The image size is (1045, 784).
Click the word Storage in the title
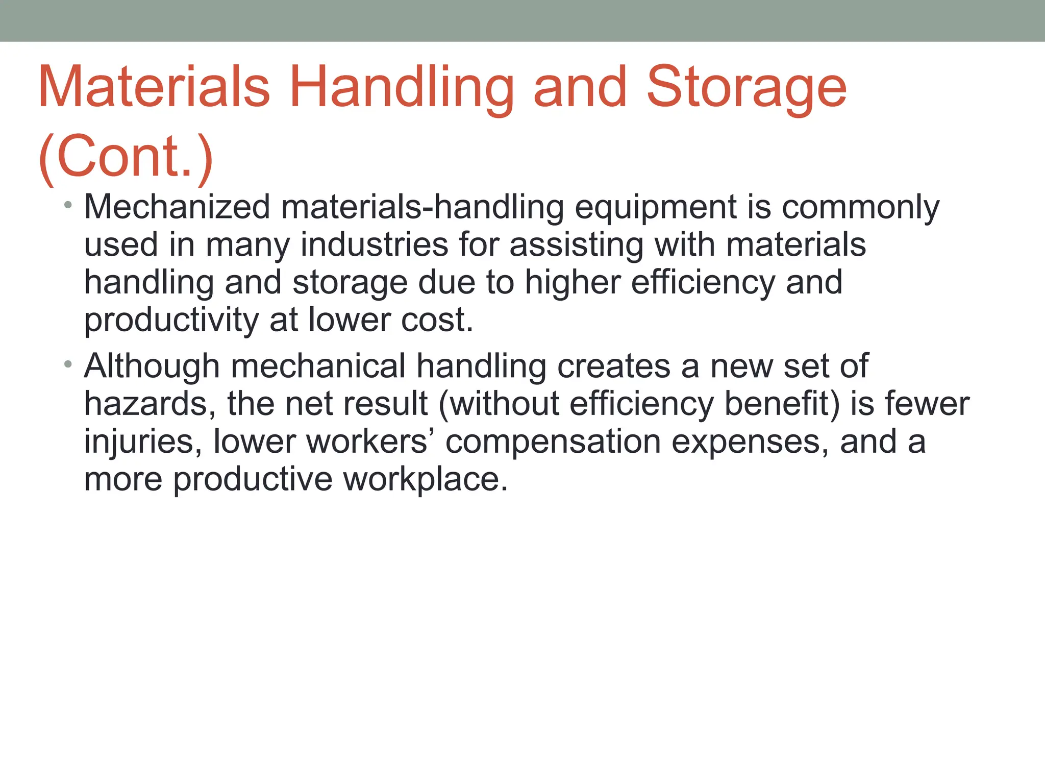tap(746, 88)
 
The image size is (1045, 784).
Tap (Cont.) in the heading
tap(126, 156)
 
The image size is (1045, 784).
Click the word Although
tap(152, 367)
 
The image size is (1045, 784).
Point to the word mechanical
tap(318, 367)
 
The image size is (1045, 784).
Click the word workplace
tap(426, 480)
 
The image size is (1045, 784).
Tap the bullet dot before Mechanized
tap(68, 206)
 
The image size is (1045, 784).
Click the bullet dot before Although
tap(68, 365)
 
